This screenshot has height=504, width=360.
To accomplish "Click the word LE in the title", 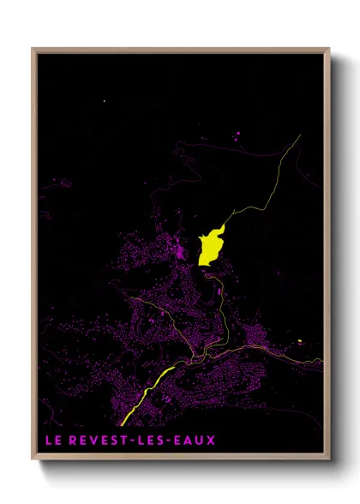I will coord(53,441).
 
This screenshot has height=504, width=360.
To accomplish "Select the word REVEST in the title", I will coord(95,441).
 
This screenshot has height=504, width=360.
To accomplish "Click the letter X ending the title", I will coord(211,441).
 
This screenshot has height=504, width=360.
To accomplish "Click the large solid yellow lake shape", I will coord(210,248).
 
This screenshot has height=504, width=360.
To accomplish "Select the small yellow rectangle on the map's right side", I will coord(300,341).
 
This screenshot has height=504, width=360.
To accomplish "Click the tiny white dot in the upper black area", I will coord(105,101).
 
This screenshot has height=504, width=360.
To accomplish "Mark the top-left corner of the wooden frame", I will coord(33,49).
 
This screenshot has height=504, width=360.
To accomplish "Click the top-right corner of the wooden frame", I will coord(329,49).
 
